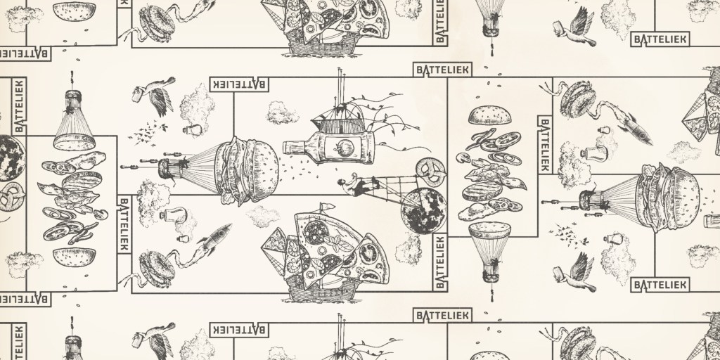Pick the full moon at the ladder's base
coord(423,210)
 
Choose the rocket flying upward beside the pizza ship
coord(214,233)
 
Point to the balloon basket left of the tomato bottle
coord(172,168)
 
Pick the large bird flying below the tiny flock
coord(574,273)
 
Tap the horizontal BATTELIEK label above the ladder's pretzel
coord(442,70)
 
